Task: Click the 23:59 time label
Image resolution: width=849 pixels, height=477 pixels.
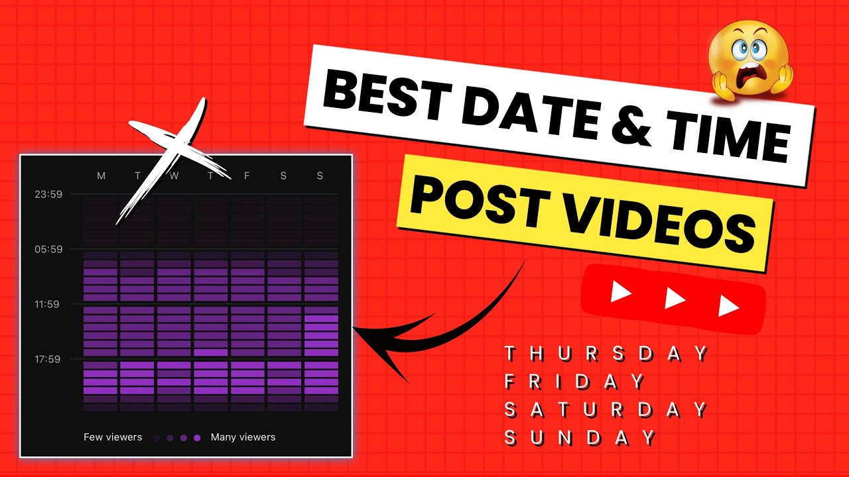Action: point(48,194)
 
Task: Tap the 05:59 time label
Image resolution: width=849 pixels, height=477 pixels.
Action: point(48,249)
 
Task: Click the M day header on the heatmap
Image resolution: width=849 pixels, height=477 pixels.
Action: point(101,176)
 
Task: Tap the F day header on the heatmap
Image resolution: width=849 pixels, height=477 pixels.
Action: point(247,176)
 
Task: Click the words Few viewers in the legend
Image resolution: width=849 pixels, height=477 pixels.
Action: point(113,437)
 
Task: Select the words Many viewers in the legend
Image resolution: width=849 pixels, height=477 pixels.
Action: point(243,437)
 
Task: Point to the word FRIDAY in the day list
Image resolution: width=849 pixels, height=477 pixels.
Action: point(574,382)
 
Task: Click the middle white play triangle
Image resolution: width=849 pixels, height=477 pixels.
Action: point(675,299)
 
